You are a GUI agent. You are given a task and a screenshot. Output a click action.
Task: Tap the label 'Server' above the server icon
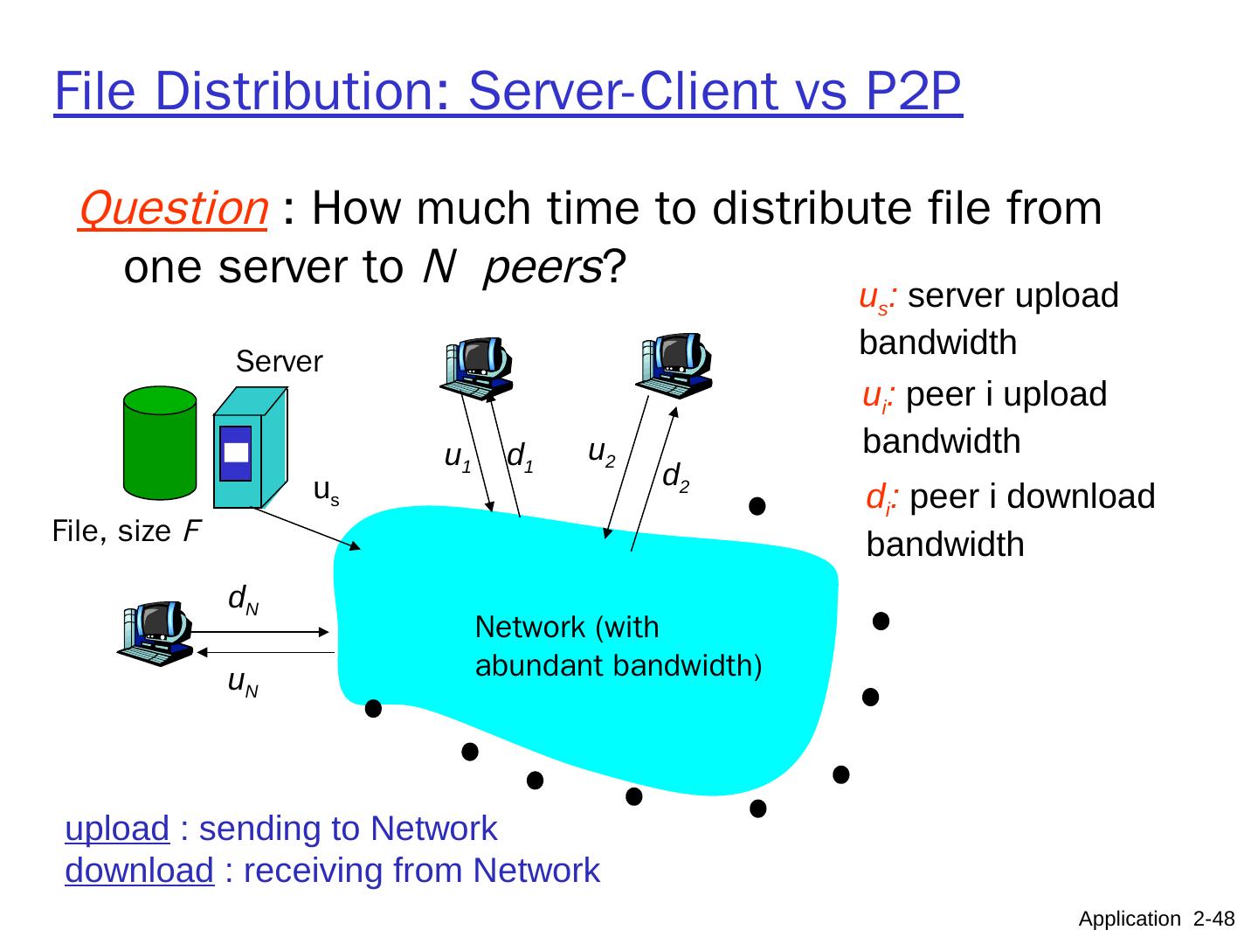point(280,361)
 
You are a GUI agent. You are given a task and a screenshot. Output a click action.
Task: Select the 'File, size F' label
point(121,531)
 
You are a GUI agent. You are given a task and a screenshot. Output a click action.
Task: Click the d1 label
point(521,455)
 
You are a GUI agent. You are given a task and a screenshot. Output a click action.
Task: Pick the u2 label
point(602,452)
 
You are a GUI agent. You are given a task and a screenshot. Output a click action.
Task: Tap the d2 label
point(675,477)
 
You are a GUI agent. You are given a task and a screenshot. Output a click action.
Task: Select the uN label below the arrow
point(243,682)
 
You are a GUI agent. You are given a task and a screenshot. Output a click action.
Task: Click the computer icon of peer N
point(156,631)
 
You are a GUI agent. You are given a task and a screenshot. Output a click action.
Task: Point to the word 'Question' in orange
point(172,209)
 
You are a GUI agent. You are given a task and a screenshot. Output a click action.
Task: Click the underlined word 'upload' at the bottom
point(117,829)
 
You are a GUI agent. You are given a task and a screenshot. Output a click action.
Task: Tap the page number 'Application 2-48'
point(1157,919)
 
